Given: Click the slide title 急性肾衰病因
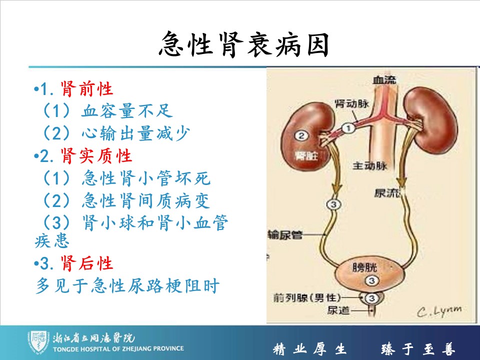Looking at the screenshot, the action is (244, 44).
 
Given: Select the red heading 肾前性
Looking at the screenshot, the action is (87, 89).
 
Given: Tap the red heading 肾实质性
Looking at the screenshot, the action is (96, 156).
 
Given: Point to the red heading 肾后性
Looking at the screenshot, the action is (87, 263).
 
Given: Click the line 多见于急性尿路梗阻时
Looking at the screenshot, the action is (127, 285).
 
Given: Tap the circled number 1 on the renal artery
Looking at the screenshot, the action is (348, 127).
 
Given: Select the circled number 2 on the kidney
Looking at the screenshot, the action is (301, 135).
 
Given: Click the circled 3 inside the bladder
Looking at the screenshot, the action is (371, 280).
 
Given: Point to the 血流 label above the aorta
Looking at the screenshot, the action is (384, 80).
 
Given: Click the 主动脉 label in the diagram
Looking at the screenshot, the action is (370, 166).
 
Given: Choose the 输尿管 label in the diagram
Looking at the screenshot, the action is (285, 235).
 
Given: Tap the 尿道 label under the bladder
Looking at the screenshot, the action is (338, 310).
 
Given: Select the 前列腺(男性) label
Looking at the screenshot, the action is (307, 297).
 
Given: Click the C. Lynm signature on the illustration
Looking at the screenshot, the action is (439, 311).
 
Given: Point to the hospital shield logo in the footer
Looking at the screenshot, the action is (37, 341).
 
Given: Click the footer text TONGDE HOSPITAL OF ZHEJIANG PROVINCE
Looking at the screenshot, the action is (118, 348).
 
